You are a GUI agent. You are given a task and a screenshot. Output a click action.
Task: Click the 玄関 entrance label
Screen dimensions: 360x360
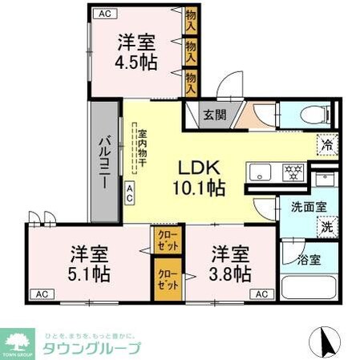(214, 115)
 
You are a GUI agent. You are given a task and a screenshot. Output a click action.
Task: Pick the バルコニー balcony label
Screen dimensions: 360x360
(104, 161)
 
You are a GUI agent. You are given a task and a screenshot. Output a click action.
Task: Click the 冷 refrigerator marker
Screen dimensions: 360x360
(327, 145)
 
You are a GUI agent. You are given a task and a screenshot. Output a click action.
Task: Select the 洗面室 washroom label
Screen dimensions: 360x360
(308, 206)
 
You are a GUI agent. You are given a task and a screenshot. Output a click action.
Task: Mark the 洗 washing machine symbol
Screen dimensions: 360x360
(327, 227)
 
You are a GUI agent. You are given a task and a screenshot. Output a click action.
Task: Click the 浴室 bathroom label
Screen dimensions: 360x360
(310, 259)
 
